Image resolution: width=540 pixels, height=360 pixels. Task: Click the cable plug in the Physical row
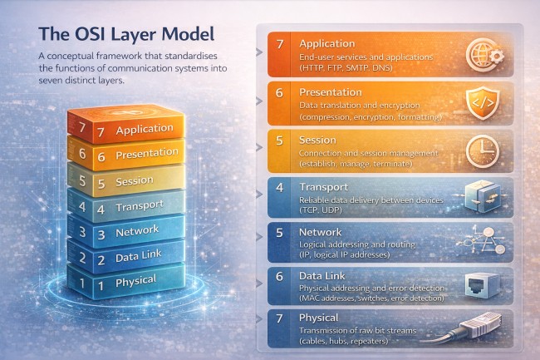[478, 328]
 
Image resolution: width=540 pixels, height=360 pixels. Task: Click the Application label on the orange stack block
[145, 129]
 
